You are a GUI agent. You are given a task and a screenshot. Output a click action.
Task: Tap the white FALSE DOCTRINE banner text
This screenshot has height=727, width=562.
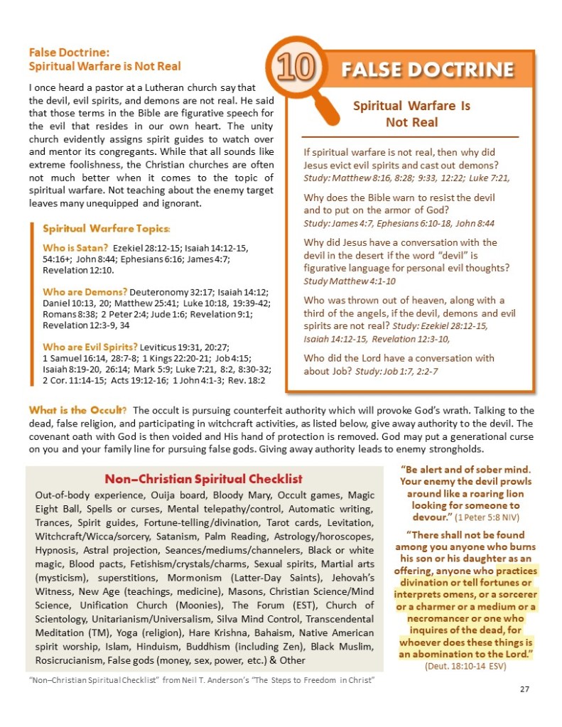click(x=426, y=69)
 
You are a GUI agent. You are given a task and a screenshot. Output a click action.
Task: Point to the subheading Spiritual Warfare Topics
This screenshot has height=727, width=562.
click(x=107, y=229)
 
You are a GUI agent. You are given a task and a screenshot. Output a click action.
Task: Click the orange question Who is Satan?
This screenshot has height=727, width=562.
click(x=75, y=247)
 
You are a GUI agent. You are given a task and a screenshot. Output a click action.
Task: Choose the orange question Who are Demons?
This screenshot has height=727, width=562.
click(x=85, y=292)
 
